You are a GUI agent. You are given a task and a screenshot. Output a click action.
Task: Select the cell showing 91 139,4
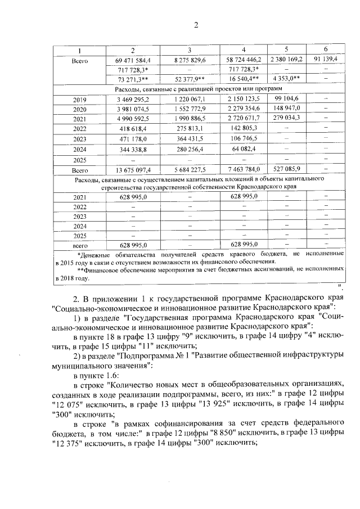click(x=326, y=59)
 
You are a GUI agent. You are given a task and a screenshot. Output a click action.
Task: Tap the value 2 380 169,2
click(x=286, y=59)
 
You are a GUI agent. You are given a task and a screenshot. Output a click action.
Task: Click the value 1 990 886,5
click(x=190, y=119)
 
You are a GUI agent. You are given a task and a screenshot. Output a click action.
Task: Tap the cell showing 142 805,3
click(x=243, y=129)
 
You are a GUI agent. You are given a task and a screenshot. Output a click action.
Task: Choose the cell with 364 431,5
click(x=190, y=139)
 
